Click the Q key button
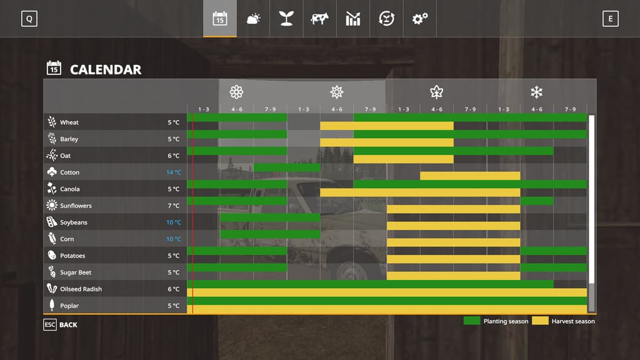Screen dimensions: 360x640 pos(29,19)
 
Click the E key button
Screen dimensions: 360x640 pos(610,19)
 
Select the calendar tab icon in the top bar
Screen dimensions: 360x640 pos(219,19)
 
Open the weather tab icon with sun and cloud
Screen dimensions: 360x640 pos(253,19)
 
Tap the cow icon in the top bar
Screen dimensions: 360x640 pos(319,19)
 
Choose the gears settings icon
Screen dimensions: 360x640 pos(419,19)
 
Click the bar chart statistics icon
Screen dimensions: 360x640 pos(353,19)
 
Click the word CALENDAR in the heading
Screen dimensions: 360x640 pos(106,69)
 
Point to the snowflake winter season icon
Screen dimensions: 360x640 pos(536,92)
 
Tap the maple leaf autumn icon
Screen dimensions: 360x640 pos(436,92)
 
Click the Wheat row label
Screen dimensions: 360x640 pos(69,122)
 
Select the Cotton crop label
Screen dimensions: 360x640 pos(69,172)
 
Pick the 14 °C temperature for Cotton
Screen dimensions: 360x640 pos(173,172)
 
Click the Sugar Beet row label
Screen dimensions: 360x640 pos(76,272)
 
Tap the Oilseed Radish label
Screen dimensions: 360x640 pos(81,289)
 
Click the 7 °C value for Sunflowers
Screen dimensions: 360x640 pos(173,206)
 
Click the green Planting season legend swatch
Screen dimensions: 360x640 pos(472,321)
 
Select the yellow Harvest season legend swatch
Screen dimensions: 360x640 pos(540,321)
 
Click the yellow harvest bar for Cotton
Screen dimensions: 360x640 pos(470,176)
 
